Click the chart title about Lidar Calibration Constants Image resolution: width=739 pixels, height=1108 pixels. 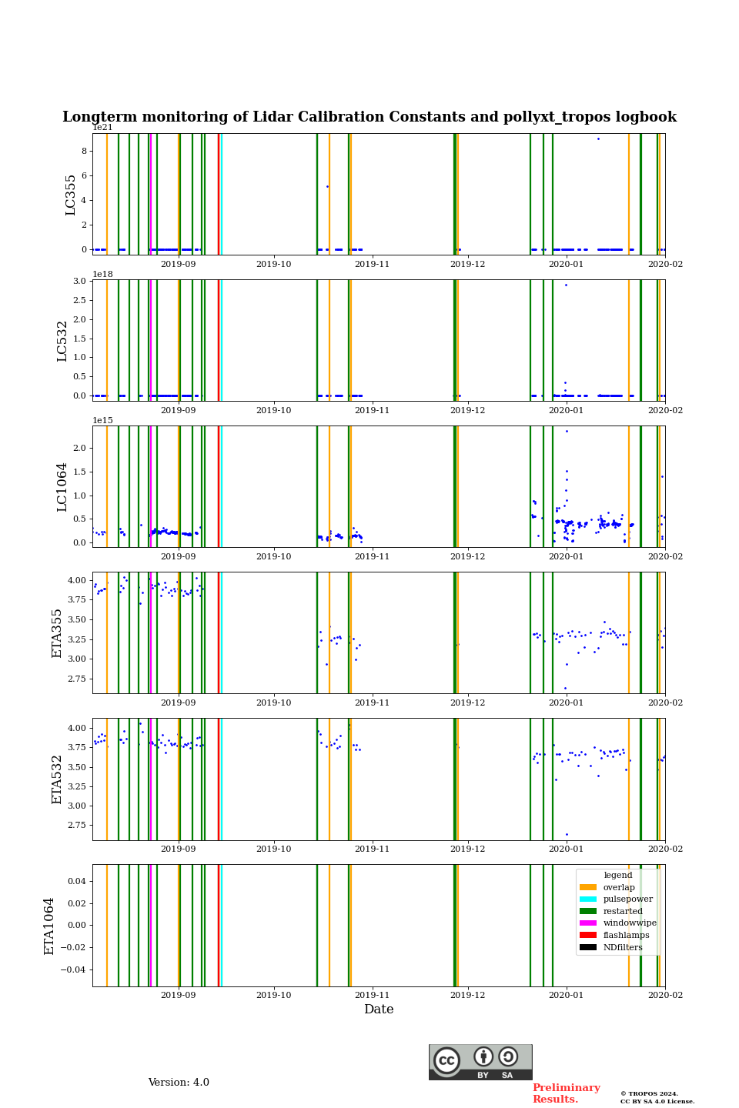[x=369, y=117]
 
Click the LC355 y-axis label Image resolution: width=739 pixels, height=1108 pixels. [x=71, y=195]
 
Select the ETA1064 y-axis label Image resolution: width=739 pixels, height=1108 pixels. [x=49, y=926]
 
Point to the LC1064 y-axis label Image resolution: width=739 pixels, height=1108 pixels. [x=62, y=487]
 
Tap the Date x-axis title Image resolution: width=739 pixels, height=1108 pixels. [x=379, y=1010]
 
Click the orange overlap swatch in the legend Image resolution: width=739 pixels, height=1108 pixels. [x=588, y=887]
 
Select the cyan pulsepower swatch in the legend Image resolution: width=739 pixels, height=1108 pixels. [x=588, y=899]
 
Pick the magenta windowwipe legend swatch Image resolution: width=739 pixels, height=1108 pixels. [x=588, y=923]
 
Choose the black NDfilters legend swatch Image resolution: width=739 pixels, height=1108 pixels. [x=588, y=947]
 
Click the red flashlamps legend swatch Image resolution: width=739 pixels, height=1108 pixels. [x=588, y=935]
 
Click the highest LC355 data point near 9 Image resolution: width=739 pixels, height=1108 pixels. [x=598, y=138]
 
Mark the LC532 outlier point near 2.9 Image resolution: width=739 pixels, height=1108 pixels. [x=566, y=285]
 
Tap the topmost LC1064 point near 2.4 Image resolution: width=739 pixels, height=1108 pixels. [x=567, y=431]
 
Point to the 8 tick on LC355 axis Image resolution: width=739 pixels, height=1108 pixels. [x=85, y=151]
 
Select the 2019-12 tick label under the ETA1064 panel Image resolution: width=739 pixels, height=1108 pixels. [x=467, y=995]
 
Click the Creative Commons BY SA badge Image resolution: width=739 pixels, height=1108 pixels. [x=480, y=1062]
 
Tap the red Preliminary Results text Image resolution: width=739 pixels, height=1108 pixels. [x=566, y=1093]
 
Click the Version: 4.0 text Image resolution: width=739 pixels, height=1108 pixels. [x=179, y=1083]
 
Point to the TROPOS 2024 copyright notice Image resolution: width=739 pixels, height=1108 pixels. [x=657, y=1097]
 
